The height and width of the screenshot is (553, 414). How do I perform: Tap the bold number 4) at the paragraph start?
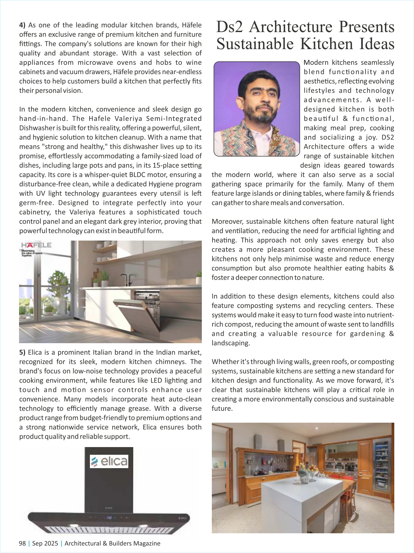22,25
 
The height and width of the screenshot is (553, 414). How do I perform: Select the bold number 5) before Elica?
22,353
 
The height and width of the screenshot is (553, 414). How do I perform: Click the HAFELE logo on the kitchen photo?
36,245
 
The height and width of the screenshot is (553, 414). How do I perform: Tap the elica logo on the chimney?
109,461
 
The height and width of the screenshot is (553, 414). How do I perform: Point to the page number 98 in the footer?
22,543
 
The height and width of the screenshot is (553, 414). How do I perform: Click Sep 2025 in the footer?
45,543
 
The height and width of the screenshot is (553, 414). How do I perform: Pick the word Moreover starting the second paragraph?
227,222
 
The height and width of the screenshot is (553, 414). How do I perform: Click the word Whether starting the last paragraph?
225,362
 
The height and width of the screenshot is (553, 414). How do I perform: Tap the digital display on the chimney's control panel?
109,518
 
